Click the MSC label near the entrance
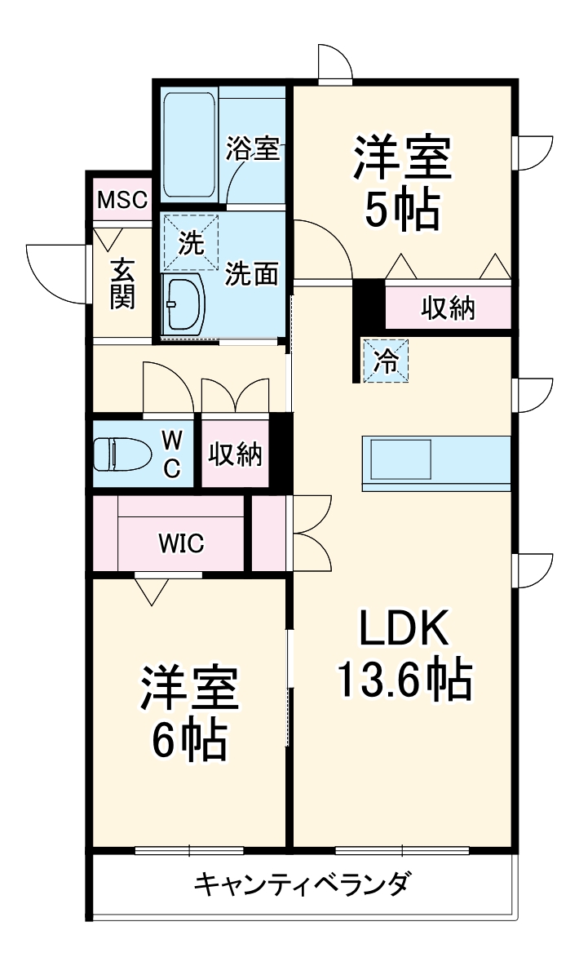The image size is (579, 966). tap(122, 199)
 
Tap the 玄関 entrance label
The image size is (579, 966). tap(122, 283)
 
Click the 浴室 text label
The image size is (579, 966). tap(253, 148)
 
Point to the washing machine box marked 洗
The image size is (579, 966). tap(191, 241)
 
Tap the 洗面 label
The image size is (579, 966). tap(252, 274)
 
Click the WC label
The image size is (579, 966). tap(172, 454)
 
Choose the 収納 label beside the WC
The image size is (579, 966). tap(235, 454)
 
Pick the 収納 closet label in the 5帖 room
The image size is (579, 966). tap(448, 308)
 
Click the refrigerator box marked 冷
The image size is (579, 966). tap(385, 361)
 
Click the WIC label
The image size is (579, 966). tap(181, 544)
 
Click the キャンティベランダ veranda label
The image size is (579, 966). tap(302, 883)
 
